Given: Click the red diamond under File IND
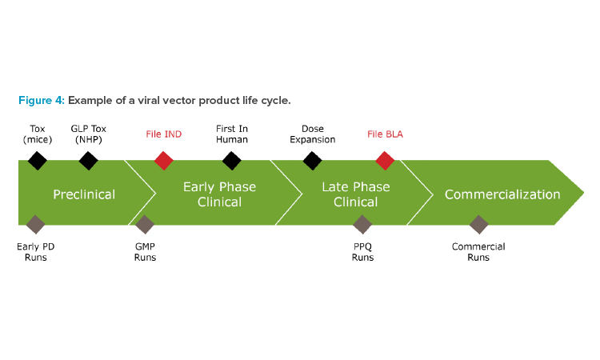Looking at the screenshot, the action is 164,161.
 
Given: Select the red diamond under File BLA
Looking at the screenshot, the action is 385,161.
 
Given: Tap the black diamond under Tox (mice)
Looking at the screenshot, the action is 38,161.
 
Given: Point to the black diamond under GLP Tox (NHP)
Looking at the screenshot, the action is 88,161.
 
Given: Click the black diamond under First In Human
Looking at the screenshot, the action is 232,161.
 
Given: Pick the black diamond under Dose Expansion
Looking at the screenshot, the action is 312,161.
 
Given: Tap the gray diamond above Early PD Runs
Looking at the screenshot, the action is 35,225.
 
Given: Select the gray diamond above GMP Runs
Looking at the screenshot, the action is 145,225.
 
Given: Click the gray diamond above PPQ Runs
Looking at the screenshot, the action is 362,225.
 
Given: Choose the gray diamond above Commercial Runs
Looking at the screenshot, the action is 478,225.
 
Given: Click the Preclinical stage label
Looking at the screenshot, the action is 84,194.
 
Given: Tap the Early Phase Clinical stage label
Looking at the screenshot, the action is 220,194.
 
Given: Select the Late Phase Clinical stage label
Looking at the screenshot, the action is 356,194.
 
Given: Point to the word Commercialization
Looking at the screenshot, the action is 502,194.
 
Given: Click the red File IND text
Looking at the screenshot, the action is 164,134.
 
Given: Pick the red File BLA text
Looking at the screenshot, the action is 385,134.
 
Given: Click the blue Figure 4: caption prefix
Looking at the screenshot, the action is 42,100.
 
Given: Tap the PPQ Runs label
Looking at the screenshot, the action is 362,252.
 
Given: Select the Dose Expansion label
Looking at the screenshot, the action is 313,134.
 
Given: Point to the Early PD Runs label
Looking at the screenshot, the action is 35,252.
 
